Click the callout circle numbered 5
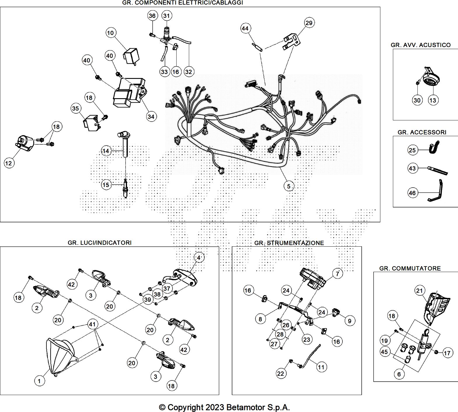point(289,186)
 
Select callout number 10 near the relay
point(110,33)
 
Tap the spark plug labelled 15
point(126,188)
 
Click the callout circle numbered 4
point(199,257)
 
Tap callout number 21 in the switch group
point(419,290)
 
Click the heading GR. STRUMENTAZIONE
point(289,243)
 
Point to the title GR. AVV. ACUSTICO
point(421,45)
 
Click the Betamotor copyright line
point(224,407)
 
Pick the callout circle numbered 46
point(412,193)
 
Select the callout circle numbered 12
point(9,163)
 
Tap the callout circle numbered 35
point(75,108)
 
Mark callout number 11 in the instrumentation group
point(321,367)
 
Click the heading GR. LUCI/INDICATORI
point(100,243)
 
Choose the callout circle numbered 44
point(245,28)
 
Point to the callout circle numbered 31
point(166,15)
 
